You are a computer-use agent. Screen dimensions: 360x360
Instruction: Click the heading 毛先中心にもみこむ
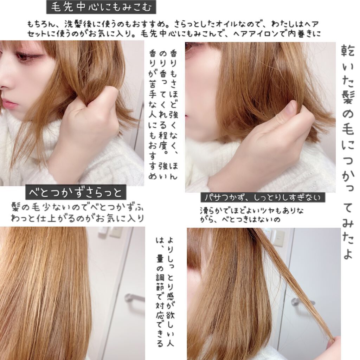(x=101, y=7)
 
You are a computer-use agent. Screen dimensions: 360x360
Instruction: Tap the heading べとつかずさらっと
(x=76, y=192)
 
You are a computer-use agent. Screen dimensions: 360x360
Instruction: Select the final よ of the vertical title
(x=348, y=254)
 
